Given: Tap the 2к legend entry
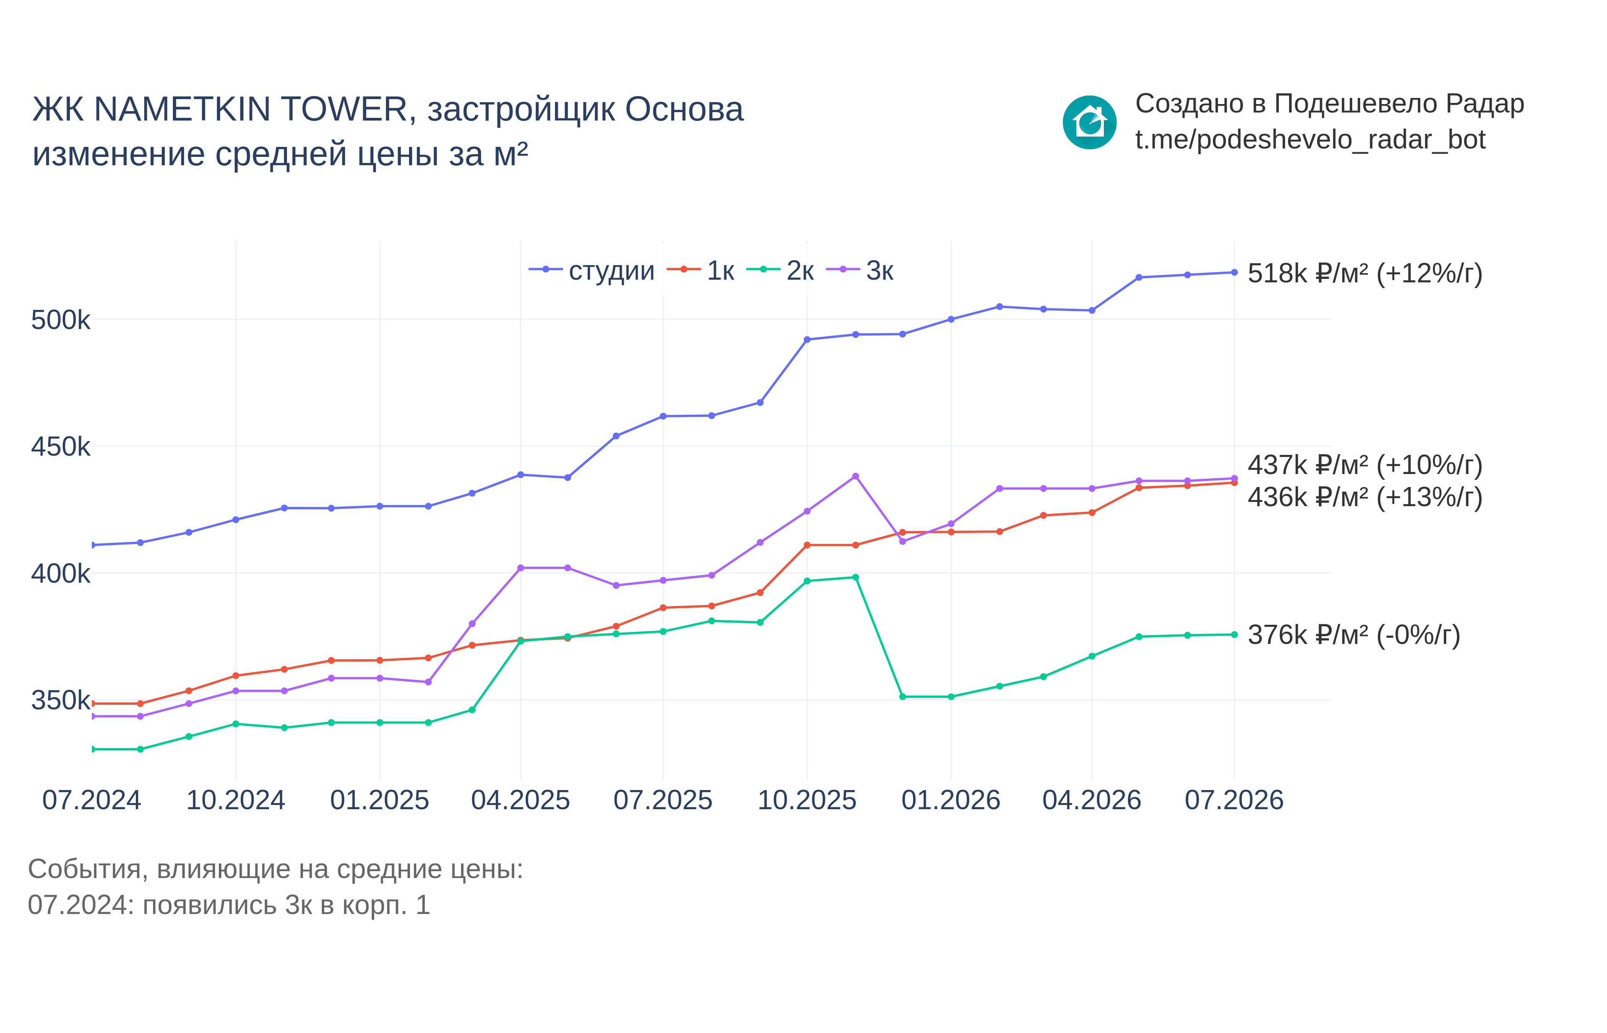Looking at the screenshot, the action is (780, 270).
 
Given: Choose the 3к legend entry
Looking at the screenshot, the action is (860, 270).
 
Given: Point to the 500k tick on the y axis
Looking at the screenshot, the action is (60, 320).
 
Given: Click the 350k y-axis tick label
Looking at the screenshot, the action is (60, 700).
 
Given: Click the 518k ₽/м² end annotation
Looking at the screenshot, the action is (1365, 274).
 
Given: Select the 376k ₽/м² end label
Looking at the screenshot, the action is (1353, 635).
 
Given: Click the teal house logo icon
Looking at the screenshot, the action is (1089, 122).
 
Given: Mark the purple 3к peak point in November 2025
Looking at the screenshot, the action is (855, 476).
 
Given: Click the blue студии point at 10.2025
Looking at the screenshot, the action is (807, 339).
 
